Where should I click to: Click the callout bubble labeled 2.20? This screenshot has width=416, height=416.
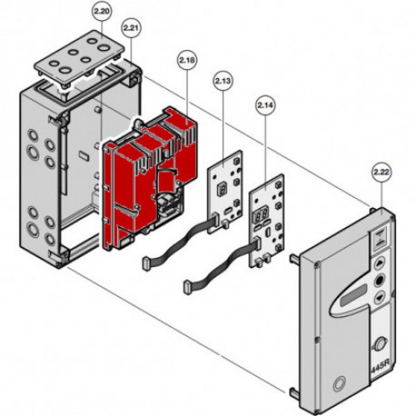[102, 12]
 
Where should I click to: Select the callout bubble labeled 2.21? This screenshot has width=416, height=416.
[131, 28]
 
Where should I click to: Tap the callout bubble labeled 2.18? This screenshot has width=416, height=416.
[187, 60]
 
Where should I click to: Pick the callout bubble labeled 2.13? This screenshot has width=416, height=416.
[223, 81]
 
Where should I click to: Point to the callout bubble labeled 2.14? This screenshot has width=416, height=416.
[265, 105]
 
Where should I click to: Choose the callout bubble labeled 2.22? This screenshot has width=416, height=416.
[381, 172]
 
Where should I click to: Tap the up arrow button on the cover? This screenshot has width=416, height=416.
[379, 263]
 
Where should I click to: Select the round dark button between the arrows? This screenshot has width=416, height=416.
[379, 280]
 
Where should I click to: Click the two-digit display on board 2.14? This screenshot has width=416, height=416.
[260, 215]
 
